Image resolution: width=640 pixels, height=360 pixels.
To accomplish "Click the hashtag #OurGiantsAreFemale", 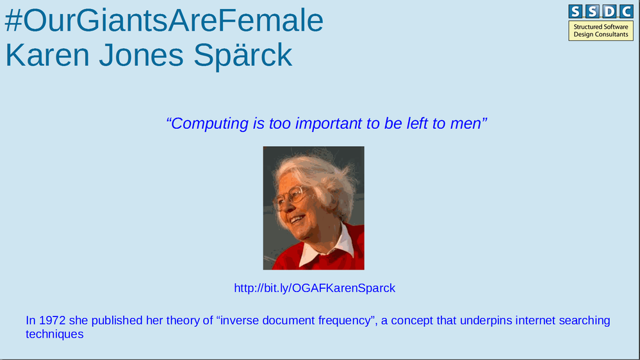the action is coord(164,20).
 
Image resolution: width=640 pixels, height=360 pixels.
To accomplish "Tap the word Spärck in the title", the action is coord(243,54).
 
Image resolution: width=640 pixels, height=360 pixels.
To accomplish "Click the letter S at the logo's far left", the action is coord(575,12).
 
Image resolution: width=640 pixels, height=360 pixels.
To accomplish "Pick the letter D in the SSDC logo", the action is coord(609,12).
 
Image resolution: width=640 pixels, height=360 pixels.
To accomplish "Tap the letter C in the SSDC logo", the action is coord(626,12).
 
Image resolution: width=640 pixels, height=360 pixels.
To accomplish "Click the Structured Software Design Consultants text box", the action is coord(601,31).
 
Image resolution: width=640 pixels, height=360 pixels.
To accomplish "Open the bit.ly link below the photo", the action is coord(315,288).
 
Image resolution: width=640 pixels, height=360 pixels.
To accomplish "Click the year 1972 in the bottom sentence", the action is coord(53,320).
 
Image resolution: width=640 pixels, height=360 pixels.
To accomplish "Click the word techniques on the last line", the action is coord(54,334).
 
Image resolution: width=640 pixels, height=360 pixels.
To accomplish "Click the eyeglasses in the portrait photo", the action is coord(291,197).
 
